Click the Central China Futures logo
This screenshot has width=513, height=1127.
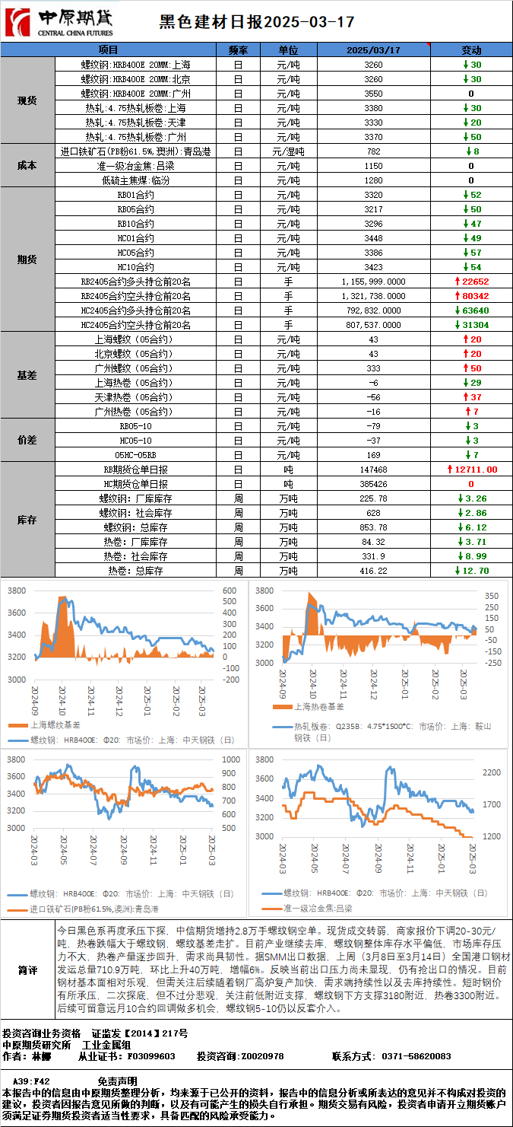[60, 23]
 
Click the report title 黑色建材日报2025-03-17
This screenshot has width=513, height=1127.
[256, 22]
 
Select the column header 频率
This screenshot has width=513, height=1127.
[238, 49]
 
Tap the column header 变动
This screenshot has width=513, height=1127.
[471, 49]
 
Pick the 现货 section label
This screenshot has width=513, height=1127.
[27, 100]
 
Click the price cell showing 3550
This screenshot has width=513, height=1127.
[373, 93]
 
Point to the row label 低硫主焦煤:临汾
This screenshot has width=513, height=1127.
[135, 180]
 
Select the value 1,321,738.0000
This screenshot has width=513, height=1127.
[373, 296]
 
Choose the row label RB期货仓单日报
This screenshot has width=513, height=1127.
[135, 470]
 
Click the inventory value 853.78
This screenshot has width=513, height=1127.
[373, 527]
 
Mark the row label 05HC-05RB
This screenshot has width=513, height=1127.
[135, 455]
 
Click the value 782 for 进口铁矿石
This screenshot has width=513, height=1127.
[373, 151]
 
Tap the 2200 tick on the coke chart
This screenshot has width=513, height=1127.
[492, 772]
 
